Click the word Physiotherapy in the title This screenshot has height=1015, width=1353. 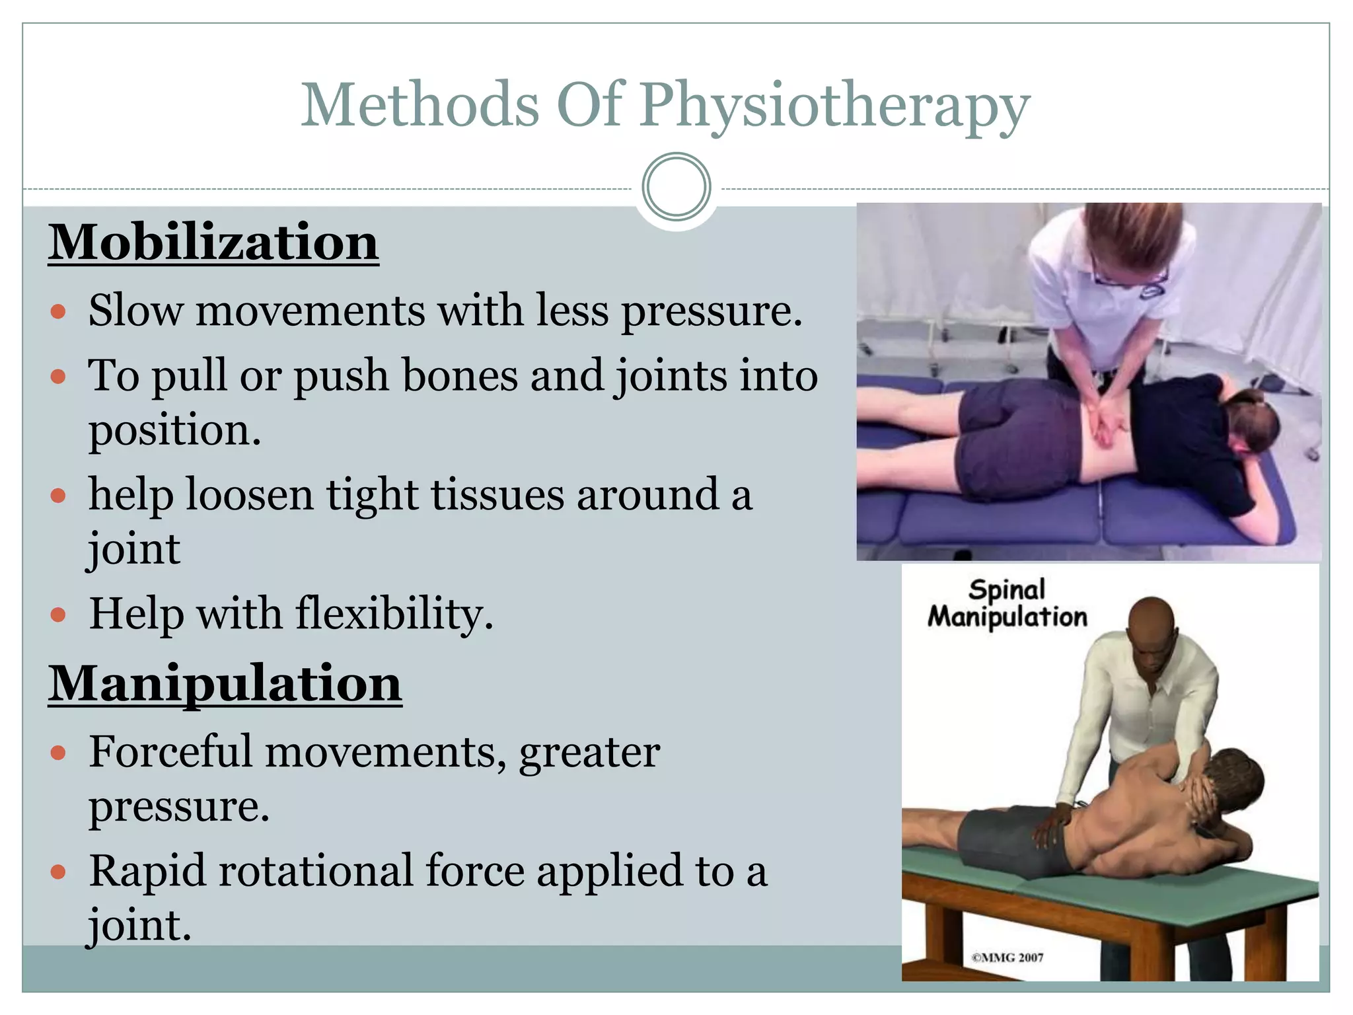point(834,106)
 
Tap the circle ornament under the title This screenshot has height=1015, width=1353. point(676,186)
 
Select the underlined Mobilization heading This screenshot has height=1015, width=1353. point(213,243)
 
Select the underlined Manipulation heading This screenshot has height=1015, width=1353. point(225,684)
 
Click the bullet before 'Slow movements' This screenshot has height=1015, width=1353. point(58,311)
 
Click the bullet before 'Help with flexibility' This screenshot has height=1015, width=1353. point(58,615)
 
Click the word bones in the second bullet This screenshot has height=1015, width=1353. point(460,376)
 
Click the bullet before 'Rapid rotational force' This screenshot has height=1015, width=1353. point(58,872)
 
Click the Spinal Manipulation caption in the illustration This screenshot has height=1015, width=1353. point(1007,603)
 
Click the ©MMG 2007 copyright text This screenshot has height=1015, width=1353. point(1007,958)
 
